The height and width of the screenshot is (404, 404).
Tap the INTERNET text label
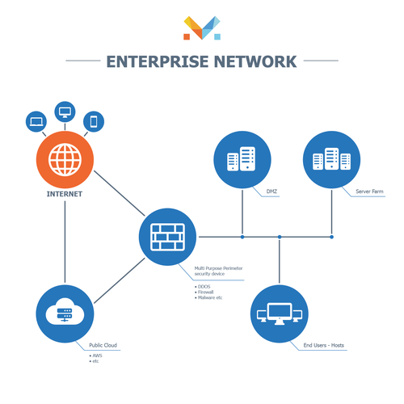(x=63, y=195)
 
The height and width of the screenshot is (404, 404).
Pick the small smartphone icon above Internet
(x=94, y=121)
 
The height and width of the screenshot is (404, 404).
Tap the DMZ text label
(x=272, y=192)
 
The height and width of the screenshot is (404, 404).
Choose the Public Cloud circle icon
(x=65, y=313)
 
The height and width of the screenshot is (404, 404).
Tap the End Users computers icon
(x=279, y=313)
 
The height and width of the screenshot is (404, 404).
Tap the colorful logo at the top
(x=201, y=28)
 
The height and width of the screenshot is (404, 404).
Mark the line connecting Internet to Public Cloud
(x=63, y=242)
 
